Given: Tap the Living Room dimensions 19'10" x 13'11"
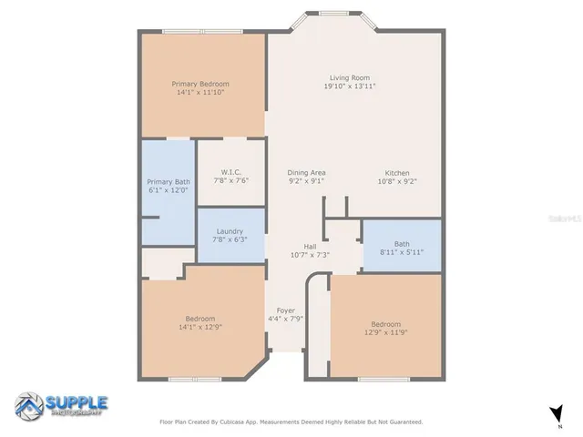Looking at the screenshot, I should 350,86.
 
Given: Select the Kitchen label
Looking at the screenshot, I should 396,173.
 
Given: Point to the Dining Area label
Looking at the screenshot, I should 306,172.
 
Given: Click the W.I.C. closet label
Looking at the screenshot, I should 230,172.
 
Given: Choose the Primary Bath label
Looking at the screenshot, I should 169,181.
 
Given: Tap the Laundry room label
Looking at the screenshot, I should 230,231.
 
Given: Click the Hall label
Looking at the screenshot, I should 310,246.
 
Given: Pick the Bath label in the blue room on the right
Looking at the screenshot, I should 402,243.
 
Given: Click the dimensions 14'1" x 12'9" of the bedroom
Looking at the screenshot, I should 199,328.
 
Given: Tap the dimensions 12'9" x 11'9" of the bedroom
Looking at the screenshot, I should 385,333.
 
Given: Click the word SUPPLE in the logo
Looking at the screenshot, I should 77,401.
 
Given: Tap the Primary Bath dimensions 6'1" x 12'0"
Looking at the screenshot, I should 169,190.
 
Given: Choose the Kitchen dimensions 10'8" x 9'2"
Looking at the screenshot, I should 396,182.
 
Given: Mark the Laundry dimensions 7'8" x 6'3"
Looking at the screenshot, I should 230,240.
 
